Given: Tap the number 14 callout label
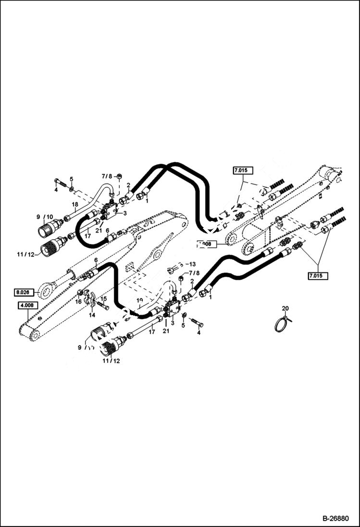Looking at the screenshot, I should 92,315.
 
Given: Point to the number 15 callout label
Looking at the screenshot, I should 103,298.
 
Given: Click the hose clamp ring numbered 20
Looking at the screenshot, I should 282,324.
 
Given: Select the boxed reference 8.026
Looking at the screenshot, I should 24,292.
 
